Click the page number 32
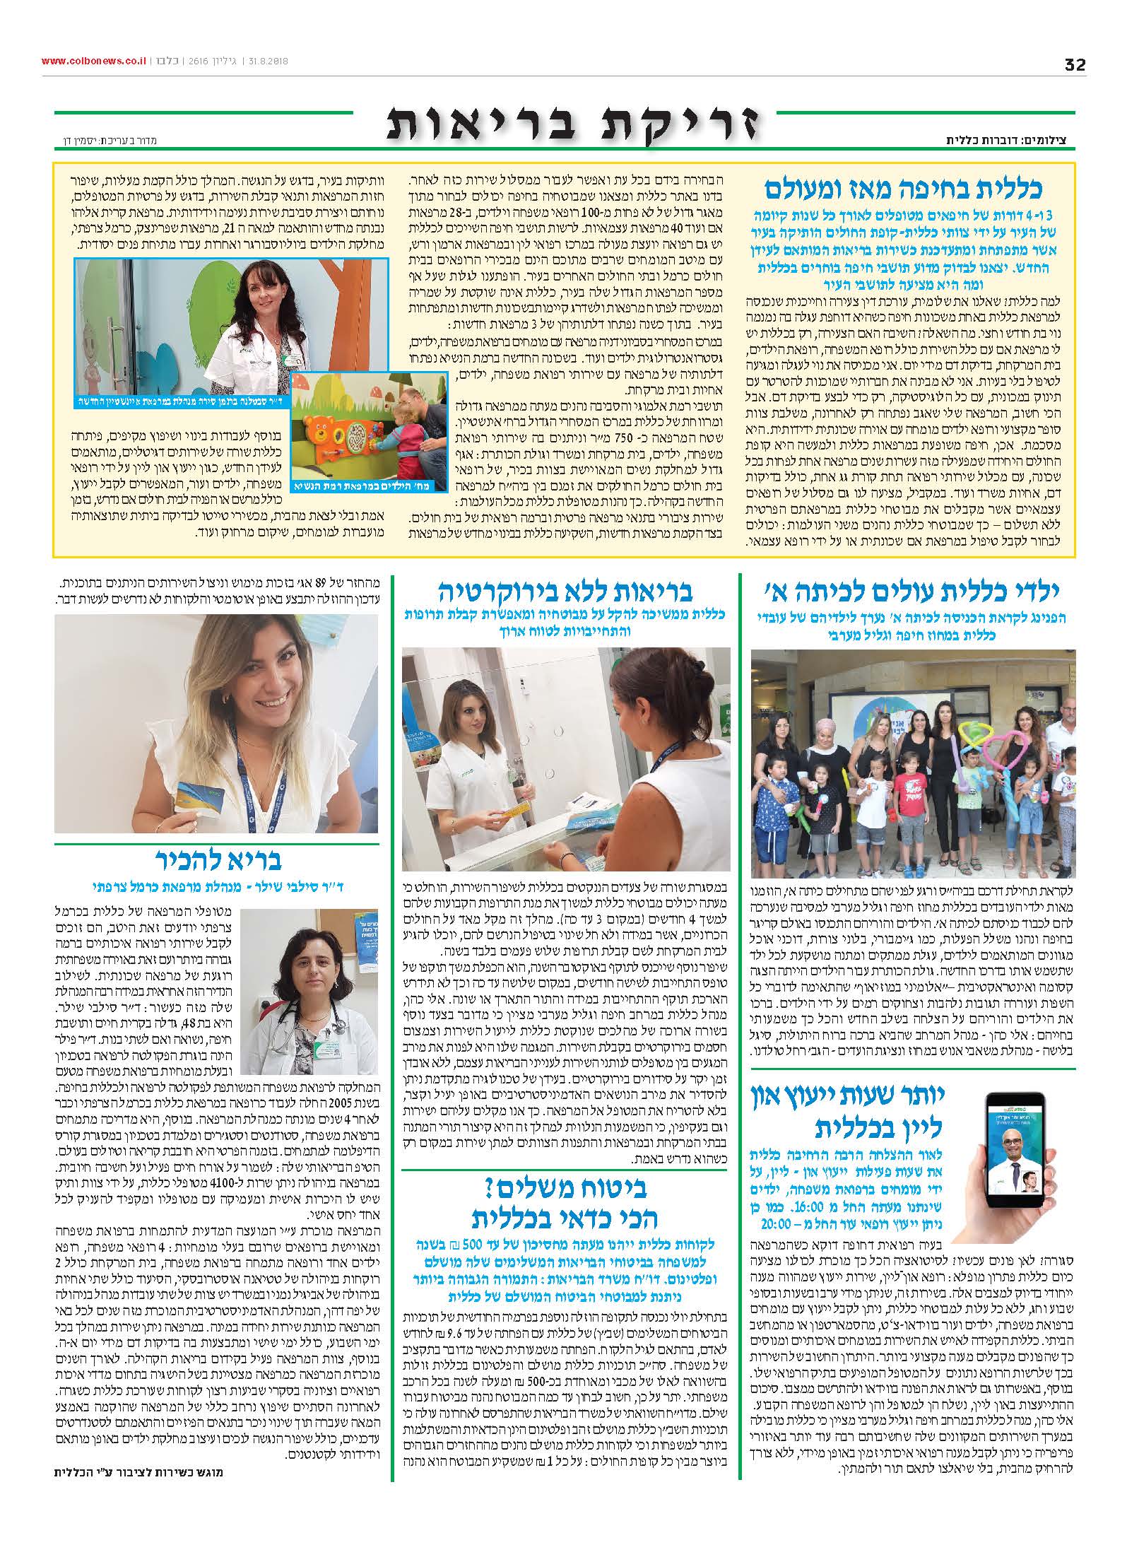[1075, 64]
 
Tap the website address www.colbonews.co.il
[92, 61]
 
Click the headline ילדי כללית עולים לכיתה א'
[911, 590]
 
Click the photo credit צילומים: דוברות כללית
[1011, 141]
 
